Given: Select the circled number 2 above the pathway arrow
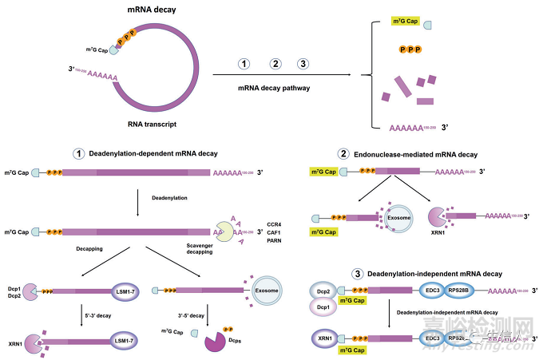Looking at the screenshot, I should tap(275, 64).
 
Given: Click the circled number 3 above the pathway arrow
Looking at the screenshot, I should tap(302, 64).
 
